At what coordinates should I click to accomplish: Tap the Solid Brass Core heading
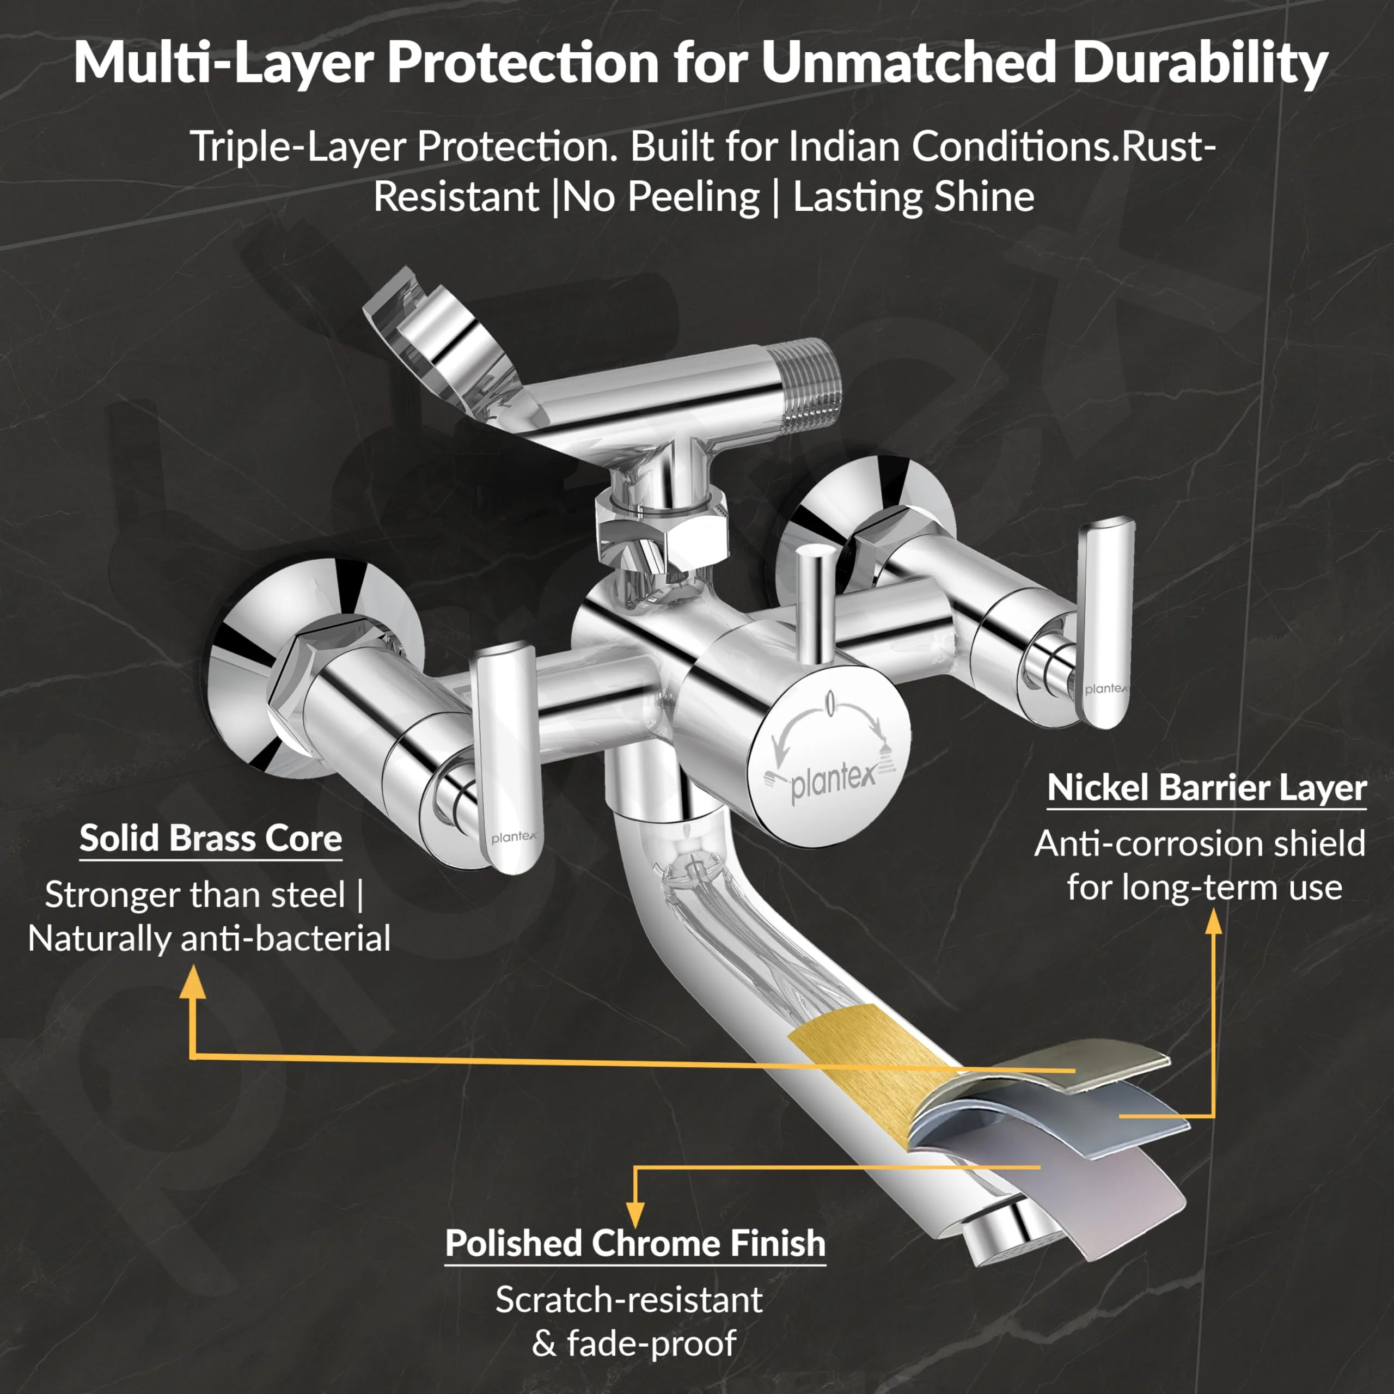(211, 839)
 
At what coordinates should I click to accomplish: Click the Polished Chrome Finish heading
(635, 1243)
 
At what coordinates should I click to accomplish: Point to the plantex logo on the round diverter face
(833, 780)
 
